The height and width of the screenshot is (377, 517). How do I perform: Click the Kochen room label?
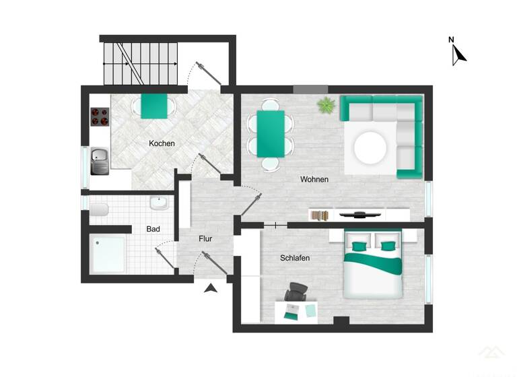[x=162, y=143]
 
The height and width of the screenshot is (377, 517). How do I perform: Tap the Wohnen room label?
[x=314, y=179]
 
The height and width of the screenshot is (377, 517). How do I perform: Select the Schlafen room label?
[x=295, y=258]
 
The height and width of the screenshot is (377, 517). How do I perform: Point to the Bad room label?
[x=153, y=229]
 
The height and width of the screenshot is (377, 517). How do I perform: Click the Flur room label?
[x=205, y=239]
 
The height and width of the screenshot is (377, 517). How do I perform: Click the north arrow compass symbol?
[x=458, y=53]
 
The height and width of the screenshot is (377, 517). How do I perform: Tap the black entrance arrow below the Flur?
[x=211, y=289]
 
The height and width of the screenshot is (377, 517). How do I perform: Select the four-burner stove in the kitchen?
[x=100, y=117]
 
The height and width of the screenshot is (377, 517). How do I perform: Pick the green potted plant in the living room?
[x=326, y=104]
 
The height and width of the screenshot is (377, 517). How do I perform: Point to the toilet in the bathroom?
[x=98, y=212]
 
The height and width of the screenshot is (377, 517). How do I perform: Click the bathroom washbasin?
[x=160, y=202]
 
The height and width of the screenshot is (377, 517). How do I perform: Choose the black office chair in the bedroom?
[x=296, y=293]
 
